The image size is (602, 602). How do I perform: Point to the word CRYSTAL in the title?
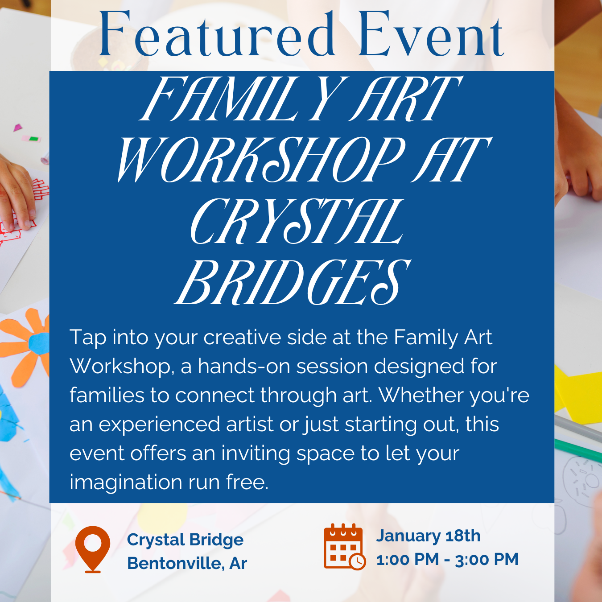pos(297,221)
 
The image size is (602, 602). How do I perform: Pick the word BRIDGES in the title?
pos(293,282)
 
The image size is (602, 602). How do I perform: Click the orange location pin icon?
pos(93,549)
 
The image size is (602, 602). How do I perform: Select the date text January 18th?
pos(428,536)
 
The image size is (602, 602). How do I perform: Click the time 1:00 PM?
pos(408,560)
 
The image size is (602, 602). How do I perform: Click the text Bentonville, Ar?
pos(187,564)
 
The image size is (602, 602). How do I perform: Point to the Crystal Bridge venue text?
pos(185,540)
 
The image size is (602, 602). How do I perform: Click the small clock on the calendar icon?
pos(357,561)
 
